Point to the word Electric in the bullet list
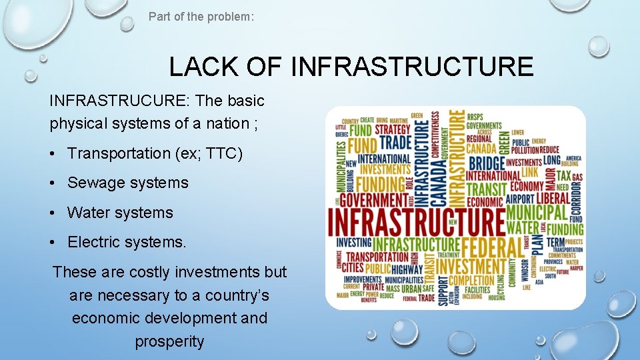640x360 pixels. (x=93, y=243)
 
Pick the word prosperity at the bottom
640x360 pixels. (x=169, y=341)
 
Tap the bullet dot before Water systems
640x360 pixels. (x=53, y=213)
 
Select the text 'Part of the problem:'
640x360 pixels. (x=201, y=16)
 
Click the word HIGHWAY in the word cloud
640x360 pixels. (x=403, y=269)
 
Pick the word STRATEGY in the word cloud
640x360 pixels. (x=393, y=129)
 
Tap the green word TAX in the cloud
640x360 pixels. (x=564, y=175)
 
